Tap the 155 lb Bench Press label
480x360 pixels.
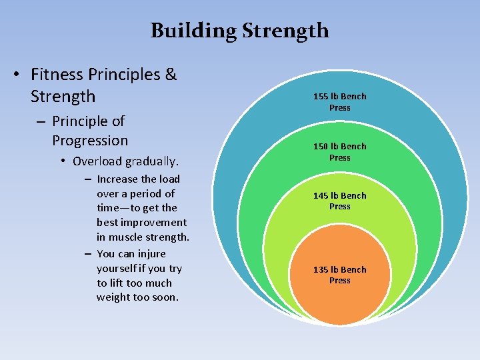pyautogui.click(x=339, y=102)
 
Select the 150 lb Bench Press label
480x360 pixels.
pyautogui.click(x=339, y=152)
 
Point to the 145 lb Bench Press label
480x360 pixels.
pyautogui.click(x=339, y=201)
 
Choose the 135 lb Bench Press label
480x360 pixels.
pyautogui.click(x=339, y=275)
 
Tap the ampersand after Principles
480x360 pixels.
pyautogui.click(x=170, y=74)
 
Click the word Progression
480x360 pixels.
pyautogui.click(x=90, y=141)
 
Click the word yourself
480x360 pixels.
pyautogui.click(x=118, y=268)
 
